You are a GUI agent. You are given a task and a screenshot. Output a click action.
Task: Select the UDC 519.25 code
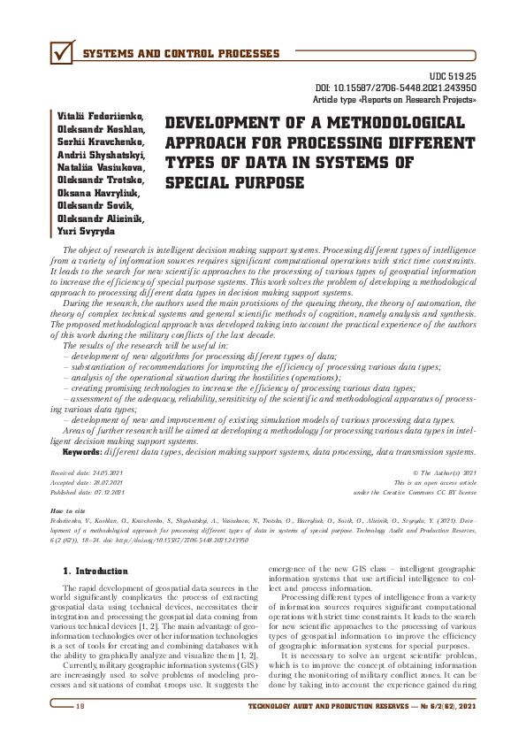pyautogui.click(x=454, y=78)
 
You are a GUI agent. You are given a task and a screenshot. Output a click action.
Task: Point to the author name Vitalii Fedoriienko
pyautogui.click(x=96, y=117)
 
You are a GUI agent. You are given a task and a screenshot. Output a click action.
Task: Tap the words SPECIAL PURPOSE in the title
pyautogui.click(x=234, y=183)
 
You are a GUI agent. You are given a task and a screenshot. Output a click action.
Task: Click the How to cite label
pyautogui.click(x=69, y=511)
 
